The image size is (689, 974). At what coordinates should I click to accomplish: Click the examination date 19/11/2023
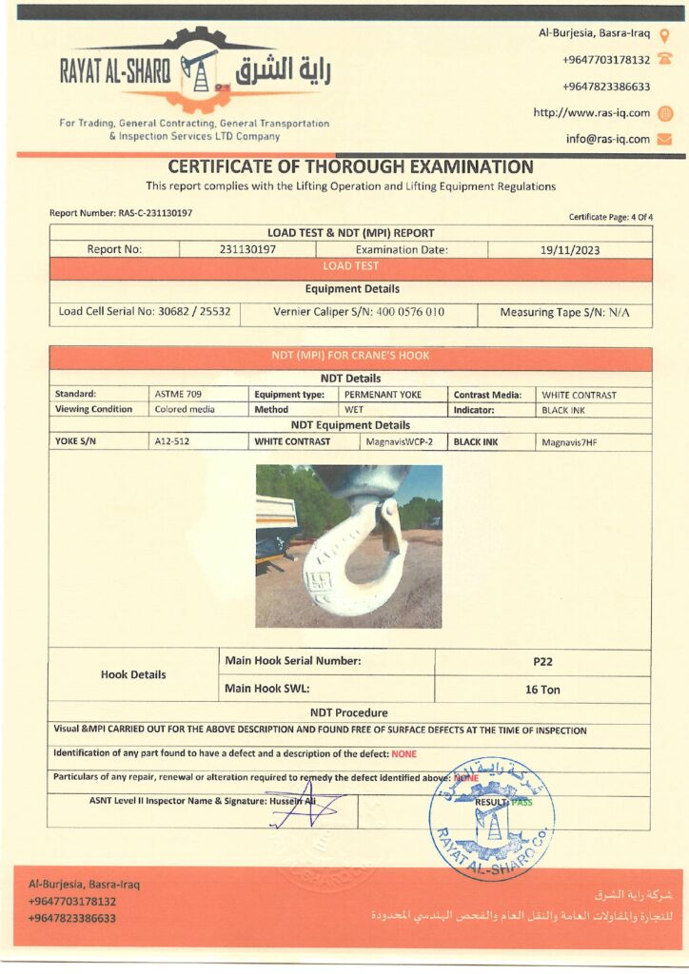569,250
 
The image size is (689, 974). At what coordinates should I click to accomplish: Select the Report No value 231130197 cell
247,250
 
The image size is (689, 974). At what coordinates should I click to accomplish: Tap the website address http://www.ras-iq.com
591,112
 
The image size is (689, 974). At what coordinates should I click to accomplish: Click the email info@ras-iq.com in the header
607,139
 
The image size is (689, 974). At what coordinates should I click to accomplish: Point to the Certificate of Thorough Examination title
350,166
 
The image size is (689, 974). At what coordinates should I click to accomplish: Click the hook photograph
348,546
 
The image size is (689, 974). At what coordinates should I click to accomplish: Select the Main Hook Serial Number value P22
542,661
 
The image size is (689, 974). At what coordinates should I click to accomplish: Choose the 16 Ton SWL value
542,690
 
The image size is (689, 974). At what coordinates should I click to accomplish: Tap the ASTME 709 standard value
178,394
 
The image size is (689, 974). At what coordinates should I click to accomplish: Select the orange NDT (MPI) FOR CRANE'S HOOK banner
350,357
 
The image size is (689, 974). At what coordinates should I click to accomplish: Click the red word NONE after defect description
404,753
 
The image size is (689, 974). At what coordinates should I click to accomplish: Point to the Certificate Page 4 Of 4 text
611,218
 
